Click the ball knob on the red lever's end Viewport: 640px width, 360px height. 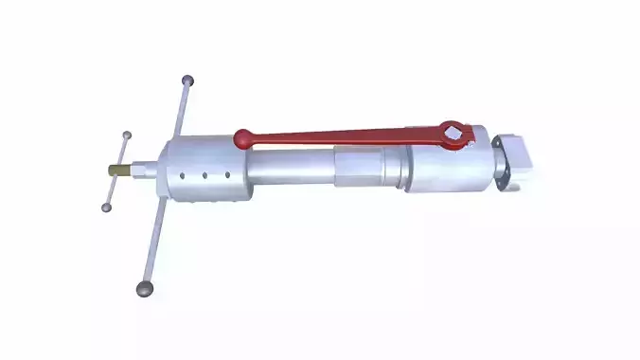244,139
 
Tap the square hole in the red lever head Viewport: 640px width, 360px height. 456,134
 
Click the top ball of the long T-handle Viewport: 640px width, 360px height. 188,81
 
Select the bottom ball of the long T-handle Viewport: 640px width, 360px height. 145,286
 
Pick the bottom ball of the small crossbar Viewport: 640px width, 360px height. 107,207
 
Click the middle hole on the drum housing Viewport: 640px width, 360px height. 204,174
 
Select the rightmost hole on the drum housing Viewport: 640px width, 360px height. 225,174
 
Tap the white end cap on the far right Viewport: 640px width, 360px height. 520,161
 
